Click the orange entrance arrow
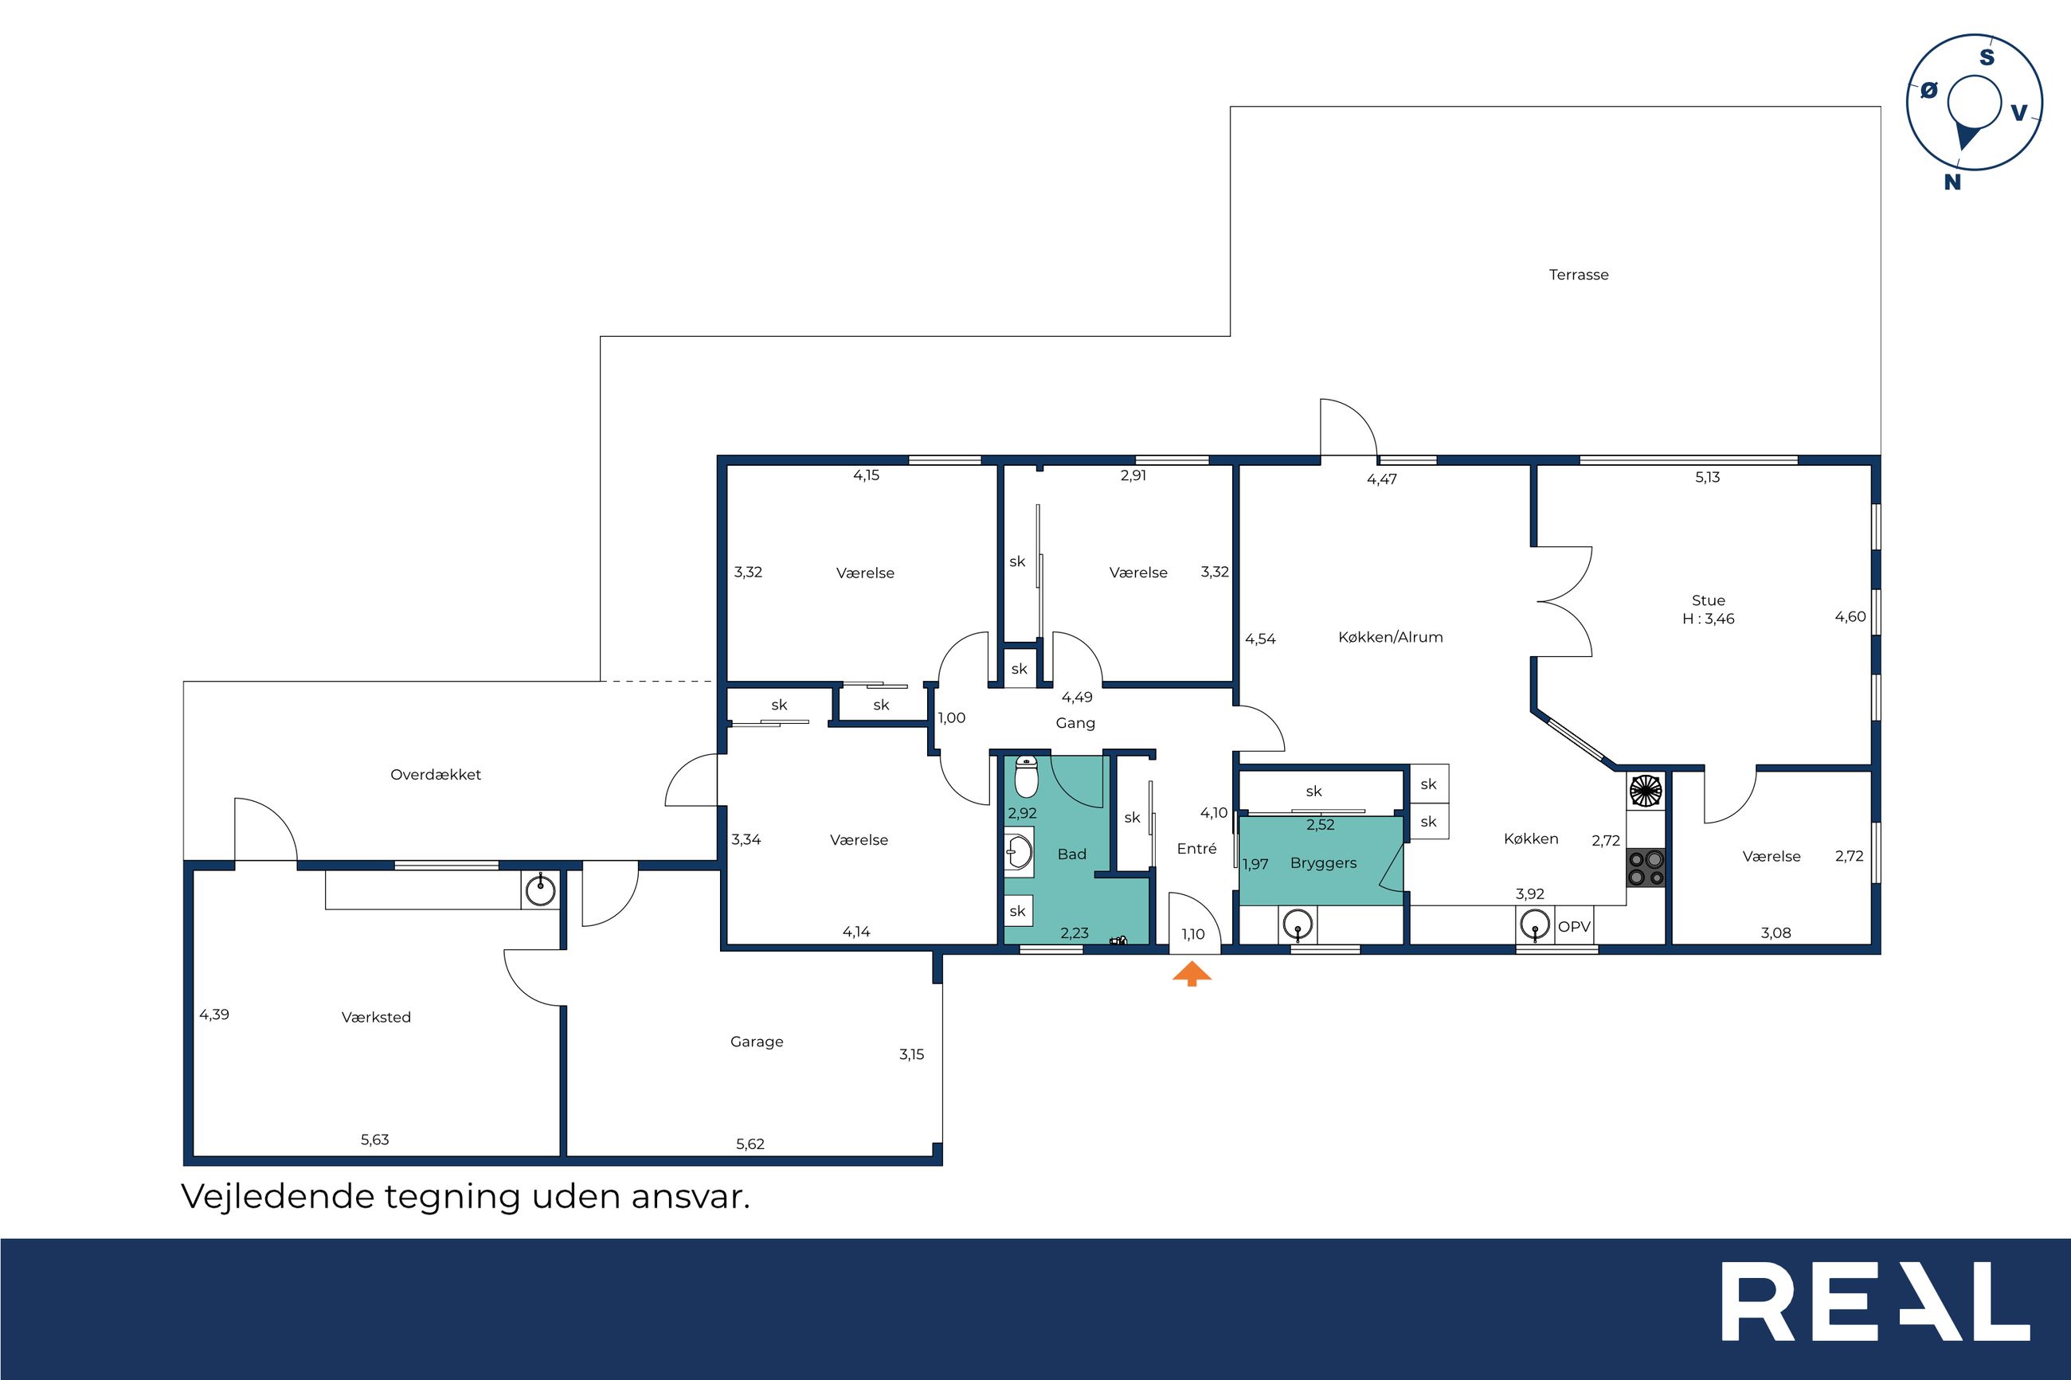[x=1192, y=974]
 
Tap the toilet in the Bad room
[x=1026, y=776]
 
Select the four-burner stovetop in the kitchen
[x=1646, y=867]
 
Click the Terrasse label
[x=1579, y=275]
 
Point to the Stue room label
[x=1709, y=600]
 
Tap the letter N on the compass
[x=1952, y=182]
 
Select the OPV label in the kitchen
[x=1575, y=927]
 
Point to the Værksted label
[x=376, y=1018]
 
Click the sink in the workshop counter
[x=539, y=890]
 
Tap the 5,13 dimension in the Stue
[x=1708, y=478]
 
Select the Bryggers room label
[x=1323, y=863]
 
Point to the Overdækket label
[x=436, y=776]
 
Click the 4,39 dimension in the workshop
[x=214, y=1014]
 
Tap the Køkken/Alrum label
[x=1391, y=637]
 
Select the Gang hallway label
[x=1075, y=723]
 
